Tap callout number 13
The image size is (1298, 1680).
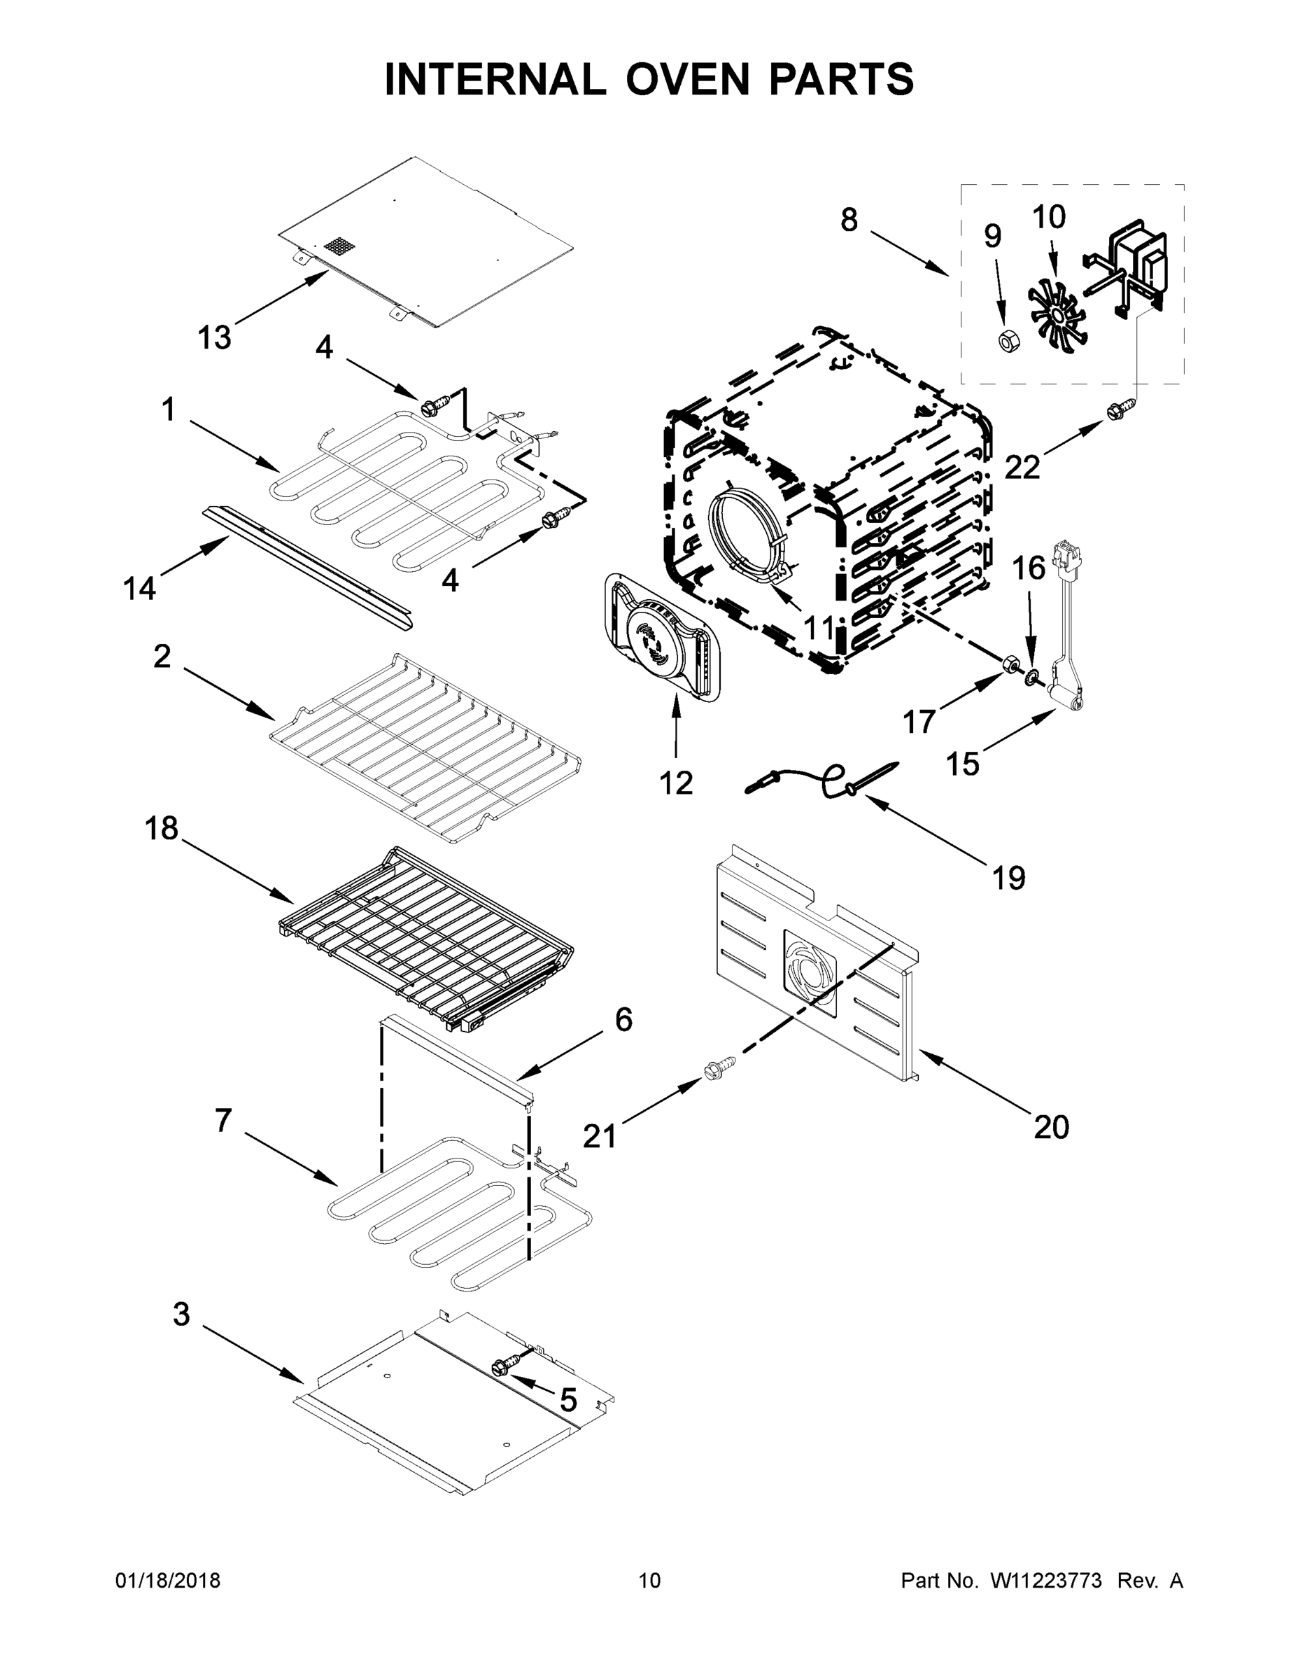click(215, 337)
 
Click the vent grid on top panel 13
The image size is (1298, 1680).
click(340, 246)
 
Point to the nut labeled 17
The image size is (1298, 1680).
click(1012, 663)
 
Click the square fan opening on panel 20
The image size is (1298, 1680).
click(810, 973)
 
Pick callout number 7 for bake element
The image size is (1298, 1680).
click(223, 1121)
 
